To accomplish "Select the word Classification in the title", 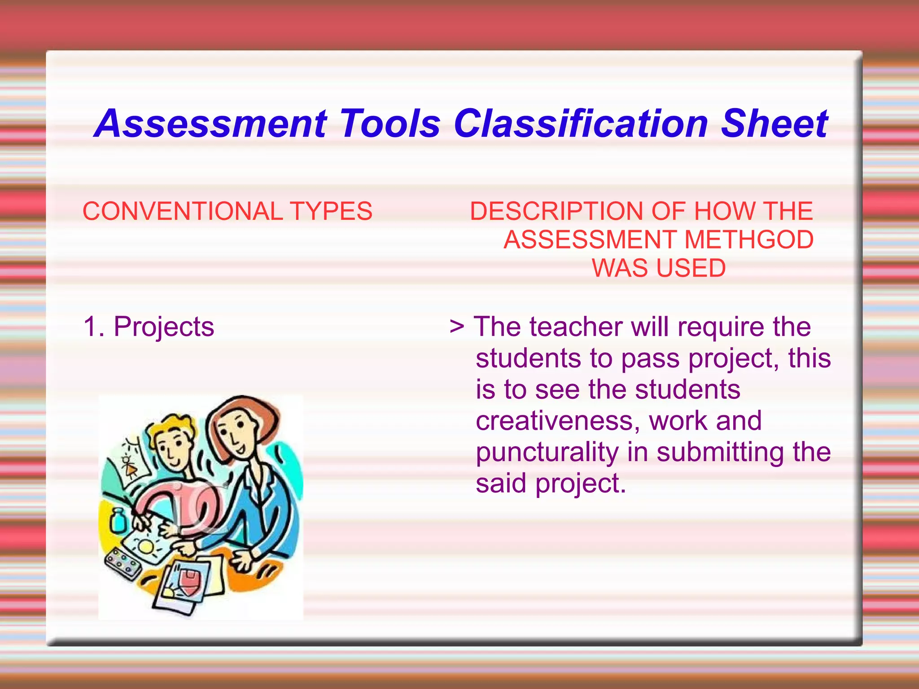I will (x=581, y=124).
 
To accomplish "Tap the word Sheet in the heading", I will (x=775, y=124).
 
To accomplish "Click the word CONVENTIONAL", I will (x=183, y=211).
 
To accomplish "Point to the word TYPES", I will (x=331, y=211).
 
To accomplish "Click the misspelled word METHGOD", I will (x=749, y=240).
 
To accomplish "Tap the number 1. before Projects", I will (x=94, y=326).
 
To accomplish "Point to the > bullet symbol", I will (x=456, y=326).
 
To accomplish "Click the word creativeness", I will (x=558, y=421).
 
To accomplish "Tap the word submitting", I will (x=720, y=452).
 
